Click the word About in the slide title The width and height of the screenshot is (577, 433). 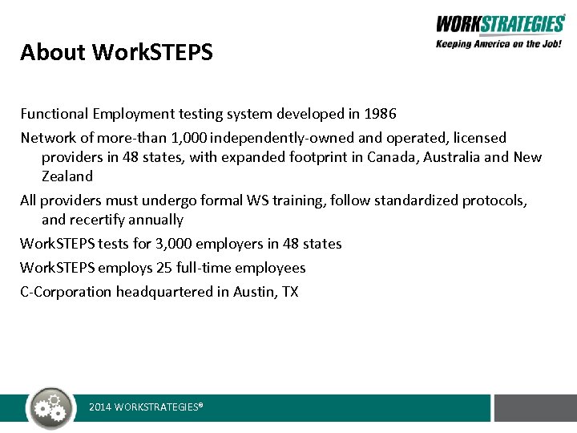click(53, 53)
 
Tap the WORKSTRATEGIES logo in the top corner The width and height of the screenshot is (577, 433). click(500, 25)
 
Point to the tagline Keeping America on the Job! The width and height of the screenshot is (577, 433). click(499, 45)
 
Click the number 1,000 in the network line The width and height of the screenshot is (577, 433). click(186, 138)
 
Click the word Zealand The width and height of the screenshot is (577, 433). click(67, 176)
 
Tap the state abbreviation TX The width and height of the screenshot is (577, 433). click(289, 292)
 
